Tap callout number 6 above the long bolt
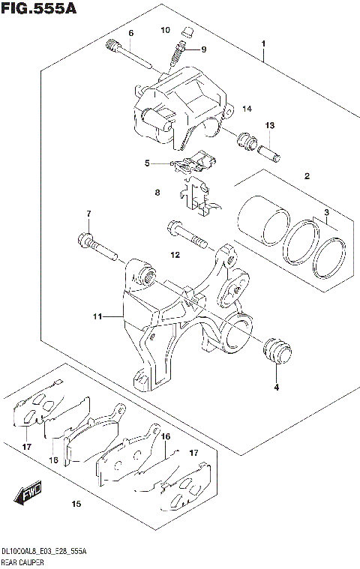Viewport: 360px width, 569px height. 130,34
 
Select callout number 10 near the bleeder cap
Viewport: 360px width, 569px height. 166,30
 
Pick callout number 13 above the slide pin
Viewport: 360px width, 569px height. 269,125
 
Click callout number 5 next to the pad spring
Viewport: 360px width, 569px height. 148,162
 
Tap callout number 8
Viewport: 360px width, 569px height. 157,193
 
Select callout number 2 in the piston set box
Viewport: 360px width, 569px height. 306,177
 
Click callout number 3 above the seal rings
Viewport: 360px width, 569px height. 327,214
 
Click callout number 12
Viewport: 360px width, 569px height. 174,256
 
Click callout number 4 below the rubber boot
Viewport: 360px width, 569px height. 275,388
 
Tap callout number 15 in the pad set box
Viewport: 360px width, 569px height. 75,505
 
